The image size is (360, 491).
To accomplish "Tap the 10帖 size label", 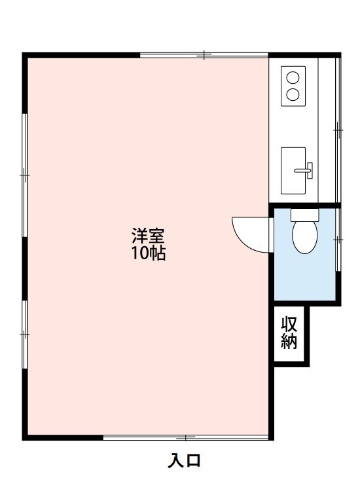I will [149, 253].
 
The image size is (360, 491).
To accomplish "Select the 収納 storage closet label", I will [289, 333].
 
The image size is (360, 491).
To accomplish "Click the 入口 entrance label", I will [185, 461].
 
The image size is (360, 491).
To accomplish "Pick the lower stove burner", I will [293, 94].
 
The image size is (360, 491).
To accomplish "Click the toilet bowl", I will [303, 236].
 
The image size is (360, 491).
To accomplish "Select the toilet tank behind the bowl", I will [303, 214].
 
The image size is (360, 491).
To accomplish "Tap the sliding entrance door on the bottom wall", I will [187, 437].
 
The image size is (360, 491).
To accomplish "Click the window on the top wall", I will [204, 55].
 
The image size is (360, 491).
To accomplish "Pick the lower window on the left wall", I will [24, 334].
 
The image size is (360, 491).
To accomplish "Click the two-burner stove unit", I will [293, 86].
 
